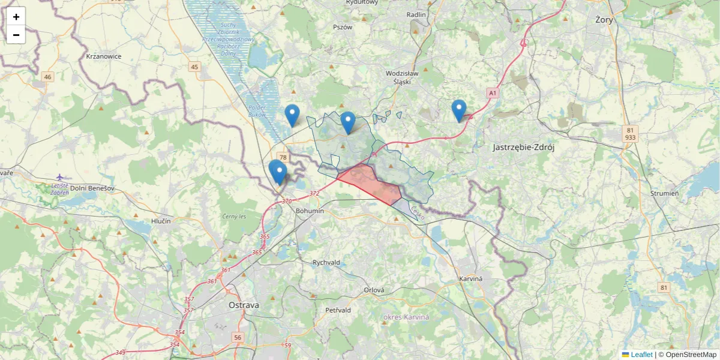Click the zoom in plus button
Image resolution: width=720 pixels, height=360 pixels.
tap(16, 17)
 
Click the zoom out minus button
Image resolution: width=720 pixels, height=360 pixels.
tap(16, 35)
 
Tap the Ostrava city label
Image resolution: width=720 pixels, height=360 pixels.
tap(244, 305)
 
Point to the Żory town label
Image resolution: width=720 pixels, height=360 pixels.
tap(604, 19)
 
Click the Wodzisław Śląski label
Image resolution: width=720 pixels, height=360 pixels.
tap(406, 77)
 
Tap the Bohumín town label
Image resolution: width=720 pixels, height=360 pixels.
tap(310, 211)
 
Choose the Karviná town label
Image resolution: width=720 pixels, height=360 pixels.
tap(471, 280)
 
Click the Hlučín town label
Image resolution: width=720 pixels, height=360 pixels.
tap(161, 221)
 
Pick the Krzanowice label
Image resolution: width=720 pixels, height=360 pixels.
tap(104, 56)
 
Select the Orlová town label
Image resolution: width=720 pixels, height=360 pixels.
tap(374, 290)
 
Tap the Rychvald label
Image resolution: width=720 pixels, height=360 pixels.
tap(326, 263)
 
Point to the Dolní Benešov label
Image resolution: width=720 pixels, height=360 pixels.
tap(92, 188)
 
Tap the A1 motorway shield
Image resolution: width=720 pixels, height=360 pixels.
tap(493, 93)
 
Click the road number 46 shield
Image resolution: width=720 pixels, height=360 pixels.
tap(48, 77)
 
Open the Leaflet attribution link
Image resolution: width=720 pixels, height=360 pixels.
tap(641, 355)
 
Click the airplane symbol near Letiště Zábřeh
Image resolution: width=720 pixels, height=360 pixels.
tap(59, 177)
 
